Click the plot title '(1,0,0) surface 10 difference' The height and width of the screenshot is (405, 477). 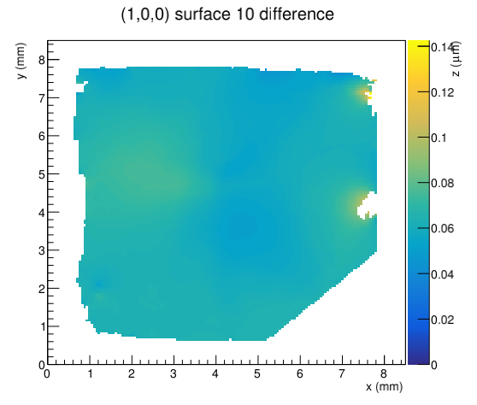coord(227,15)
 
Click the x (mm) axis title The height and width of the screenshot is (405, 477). coord(384,387)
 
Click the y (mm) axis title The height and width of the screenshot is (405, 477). coord(21,61)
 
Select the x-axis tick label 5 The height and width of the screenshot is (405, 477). coord(257,373)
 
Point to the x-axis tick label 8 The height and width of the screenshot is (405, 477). coord(384,373)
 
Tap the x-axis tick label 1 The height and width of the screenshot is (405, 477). coord(90,373)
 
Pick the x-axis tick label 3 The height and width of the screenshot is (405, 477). coord(174,373)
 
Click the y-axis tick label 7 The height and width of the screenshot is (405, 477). coord(42,98)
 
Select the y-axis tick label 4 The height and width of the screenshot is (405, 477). coord(42,213)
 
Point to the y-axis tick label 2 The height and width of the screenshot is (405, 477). coord(42,289)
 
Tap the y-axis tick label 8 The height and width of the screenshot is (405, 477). coord(42,60)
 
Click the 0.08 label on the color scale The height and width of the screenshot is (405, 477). coord(443,183)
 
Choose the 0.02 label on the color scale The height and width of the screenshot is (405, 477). coord(443,320)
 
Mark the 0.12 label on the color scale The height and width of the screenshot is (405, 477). coord(443,92)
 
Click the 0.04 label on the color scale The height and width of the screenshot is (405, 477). coord(443,274)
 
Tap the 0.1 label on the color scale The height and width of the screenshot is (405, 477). coord(439,138)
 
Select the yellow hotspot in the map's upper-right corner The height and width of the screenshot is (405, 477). coord(365,91)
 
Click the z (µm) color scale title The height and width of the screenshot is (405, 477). coord(456,59)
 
